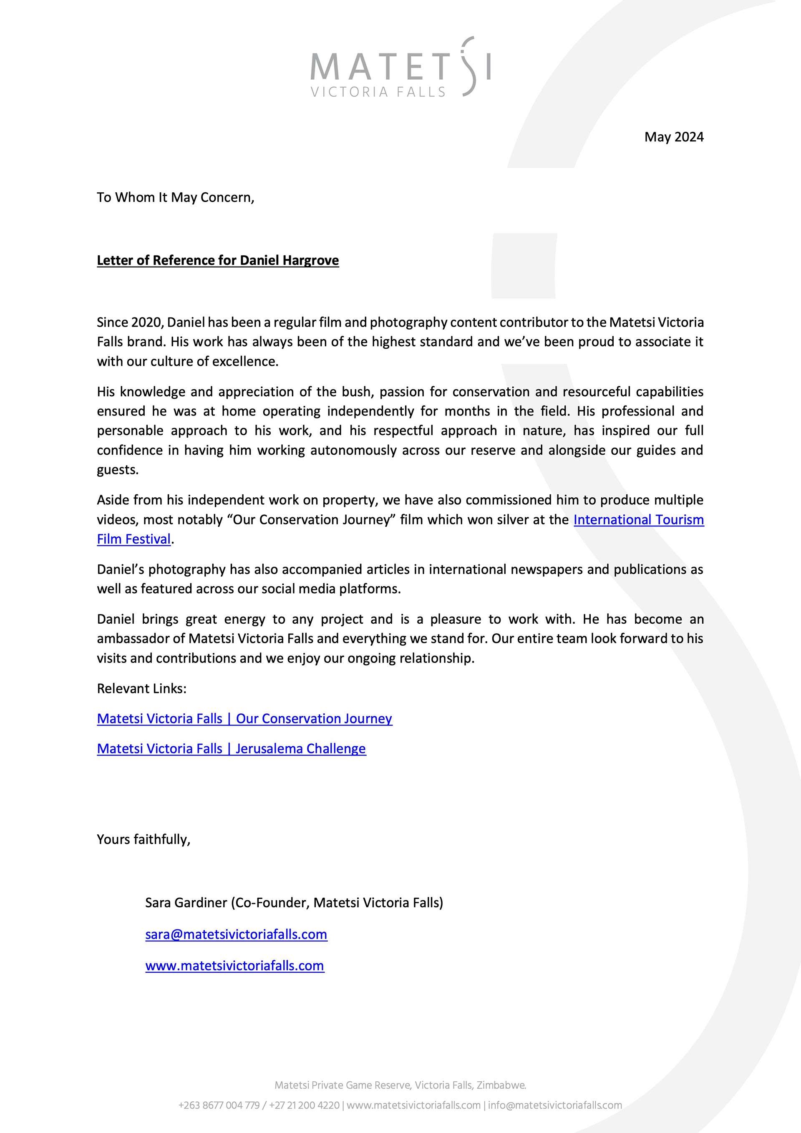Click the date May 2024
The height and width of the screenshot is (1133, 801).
pyautogui.click(x=673, y=137)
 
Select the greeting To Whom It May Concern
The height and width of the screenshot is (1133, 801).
pyautogui.click(x=175, y=197)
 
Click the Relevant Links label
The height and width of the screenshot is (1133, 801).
pyautogui.click(x=142, y=688)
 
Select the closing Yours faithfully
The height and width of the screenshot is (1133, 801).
pyautogui.click(x=143, y=839)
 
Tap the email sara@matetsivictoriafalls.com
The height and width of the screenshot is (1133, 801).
pyautogui.click(x=236, y=934)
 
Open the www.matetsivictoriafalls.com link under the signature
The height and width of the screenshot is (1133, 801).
pyautogui.click(x=234, y=966)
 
